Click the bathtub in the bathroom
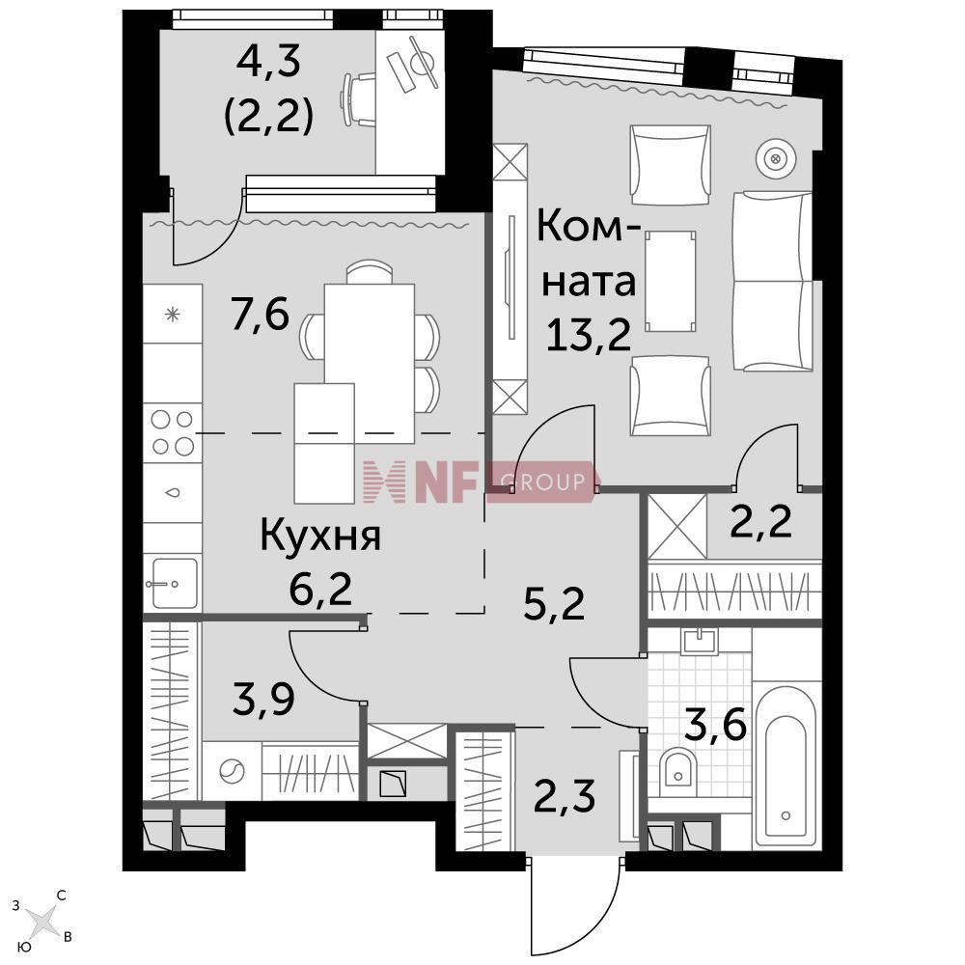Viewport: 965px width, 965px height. [x=786, y=765]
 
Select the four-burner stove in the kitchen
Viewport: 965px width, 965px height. [x=173, y=432]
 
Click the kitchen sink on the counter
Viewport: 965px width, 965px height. [x=174, y=583]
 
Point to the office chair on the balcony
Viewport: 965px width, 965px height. [x=358, y=99]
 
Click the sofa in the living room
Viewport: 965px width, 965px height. [x=773, y=281]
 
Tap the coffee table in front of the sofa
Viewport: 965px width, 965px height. [x=671, y=281]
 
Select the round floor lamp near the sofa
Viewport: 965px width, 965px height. [x=776, y=159]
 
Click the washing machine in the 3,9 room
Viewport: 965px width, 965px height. [x=232, y=770]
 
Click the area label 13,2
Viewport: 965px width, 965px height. [x=589, y=336]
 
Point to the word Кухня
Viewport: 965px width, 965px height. [x=320, y=536]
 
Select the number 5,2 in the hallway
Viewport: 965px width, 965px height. [x=554, y=604]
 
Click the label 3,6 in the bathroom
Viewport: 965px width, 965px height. [x=715, y=725]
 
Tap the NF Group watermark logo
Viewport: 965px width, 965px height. [x=479, y=482]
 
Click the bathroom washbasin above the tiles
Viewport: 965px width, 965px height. [x=700, y=642]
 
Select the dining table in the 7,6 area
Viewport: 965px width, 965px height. [x=370, y=363]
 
